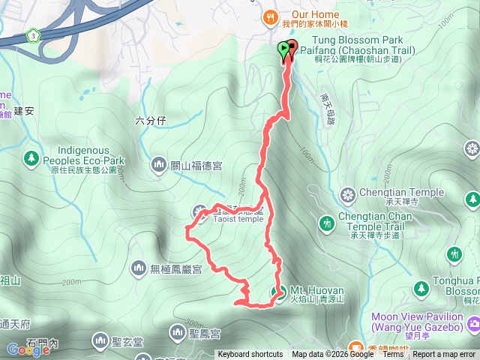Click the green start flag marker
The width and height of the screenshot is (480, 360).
click(283, 50)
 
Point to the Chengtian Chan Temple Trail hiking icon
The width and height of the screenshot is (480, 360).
click(326, 223)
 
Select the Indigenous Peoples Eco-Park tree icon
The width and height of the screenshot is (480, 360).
click(31, 158)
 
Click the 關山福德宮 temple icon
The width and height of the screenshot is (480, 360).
click(158, 164)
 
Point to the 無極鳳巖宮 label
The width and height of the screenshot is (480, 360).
click(176, 268)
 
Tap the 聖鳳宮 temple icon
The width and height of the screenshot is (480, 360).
click(177, 331)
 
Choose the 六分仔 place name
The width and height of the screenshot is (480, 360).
click(149, 120)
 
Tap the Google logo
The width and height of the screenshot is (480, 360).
click(28, 349)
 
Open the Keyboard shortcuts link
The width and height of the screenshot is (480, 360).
click(250, 355)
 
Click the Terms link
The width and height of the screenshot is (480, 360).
click(393, 355)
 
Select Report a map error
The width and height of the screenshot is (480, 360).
click(444, 355)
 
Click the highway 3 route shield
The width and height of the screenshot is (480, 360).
click(32, 35)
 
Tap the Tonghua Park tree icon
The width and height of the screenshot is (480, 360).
click(421, 288)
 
